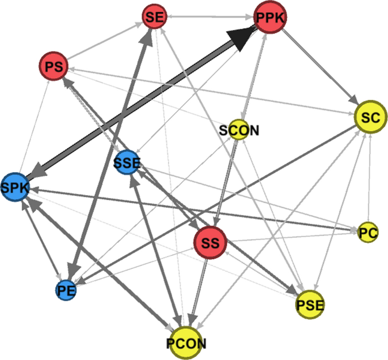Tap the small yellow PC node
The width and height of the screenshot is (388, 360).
(368, 232)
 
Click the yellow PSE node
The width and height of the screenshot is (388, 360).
(309, 306)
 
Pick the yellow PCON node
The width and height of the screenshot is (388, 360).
(186, 342)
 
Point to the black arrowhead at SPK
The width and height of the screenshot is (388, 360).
(37, 173)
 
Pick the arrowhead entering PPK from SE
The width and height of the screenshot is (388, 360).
(250, 18)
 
